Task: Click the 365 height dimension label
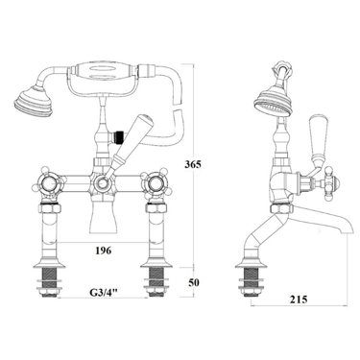(x=192, y=164)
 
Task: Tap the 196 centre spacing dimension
(x=103, y=251)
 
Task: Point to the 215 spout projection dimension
(x=299, y=300)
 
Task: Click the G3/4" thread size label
(x=104, y=292)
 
